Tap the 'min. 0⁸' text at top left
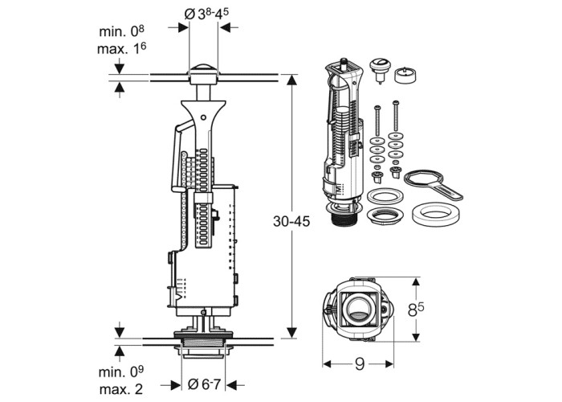tap(123, 32)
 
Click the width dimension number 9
tap(359, 364)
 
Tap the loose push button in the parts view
tap(380, 71)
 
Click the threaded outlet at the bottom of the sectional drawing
tap(203, 347)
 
